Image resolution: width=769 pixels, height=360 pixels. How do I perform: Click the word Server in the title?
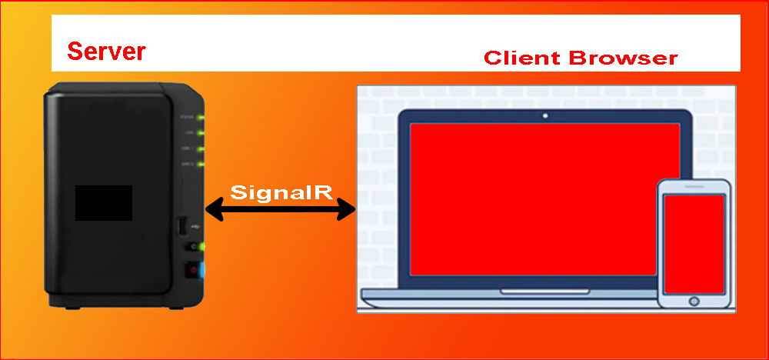pos(106,52)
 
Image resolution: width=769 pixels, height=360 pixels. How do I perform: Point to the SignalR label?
pos(281,192)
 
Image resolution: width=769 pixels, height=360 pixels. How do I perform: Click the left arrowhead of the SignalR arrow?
pos(213,208)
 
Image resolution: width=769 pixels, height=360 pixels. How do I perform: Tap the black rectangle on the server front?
pos(103,202)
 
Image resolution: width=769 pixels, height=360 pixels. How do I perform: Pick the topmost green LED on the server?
pos(201,118)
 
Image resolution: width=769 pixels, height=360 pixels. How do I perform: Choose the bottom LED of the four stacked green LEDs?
pos(201,164)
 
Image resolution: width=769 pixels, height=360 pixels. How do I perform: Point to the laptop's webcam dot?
pos(545,115)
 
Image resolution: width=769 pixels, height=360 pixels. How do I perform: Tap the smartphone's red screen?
pos(694,243)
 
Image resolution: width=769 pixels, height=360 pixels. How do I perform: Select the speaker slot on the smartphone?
pos(694,188)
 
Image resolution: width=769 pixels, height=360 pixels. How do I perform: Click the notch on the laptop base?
pos(545,292)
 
